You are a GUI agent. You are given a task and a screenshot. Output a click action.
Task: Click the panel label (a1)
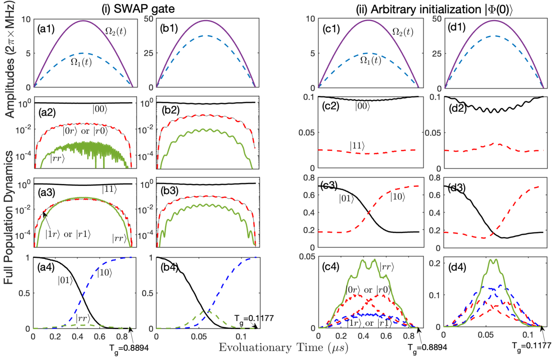pos(46,29)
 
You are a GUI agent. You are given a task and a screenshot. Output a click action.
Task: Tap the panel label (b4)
pos(169,267)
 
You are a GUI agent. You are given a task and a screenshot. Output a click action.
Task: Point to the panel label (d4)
pos(457,267)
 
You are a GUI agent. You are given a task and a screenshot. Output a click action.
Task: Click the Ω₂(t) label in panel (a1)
pos(116,32)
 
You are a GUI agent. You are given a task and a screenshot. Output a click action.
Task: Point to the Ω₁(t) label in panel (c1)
pos(370,60)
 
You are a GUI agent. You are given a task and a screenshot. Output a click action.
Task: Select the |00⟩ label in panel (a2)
pos(100,109)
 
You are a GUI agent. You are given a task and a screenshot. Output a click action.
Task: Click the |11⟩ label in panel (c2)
pos(357,146)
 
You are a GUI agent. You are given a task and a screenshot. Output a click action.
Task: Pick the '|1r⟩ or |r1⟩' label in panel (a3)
pos(68,234)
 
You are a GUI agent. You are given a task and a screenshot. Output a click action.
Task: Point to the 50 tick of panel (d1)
pos(437,19)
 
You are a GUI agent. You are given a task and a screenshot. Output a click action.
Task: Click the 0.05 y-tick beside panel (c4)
pos(308,256)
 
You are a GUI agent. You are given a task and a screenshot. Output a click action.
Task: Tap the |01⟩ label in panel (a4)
pos(65,281)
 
